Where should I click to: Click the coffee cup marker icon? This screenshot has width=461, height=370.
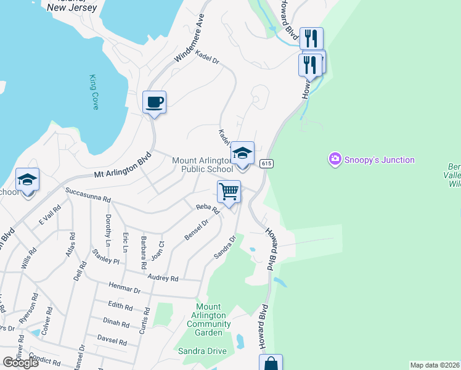[154, 102]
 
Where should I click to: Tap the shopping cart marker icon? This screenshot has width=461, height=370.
[229, 191]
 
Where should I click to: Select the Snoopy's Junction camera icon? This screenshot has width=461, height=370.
[335, 160]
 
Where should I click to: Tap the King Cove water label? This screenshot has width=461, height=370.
[94, 92]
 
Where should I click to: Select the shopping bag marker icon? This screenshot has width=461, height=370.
[271, 363]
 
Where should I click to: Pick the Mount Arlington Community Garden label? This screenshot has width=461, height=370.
[208, 320]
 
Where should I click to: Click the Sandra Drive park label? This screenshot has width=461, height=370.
[203, 351]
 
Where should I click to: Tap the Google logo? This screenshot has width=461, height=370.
[21, 363]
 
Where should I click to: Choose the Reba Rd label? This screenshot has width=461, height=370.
[208, 210]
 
